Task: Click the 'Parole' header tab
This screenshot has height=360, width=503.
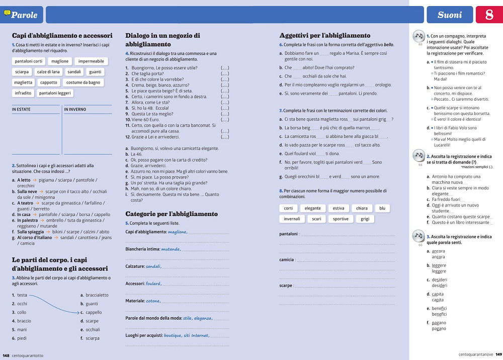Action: tap(23, 15)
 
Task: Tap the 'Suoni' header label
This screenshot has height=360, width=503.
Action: tap(449, 15)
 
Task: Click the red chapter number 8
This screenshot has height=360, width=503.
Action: tap(489, 15)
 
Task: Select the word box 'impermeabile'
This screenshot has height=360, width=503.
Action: tap(91, 61)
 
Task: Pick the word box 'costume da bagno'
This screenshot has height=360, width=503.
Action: tap(83, 83)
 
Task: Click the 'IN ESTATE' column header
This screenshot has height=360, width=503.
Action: tap(21, 109)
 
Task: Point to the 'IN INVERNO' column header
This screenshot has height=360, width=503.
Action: tap(75, 109)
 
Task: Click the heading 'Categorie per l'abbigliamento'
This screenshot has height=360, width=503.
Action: tap(171, 214)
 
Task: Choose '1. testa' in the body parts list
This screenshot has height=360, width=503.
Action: tap(20, 295)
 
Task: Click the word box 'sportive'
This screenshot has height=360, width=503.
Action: tap(341, 219)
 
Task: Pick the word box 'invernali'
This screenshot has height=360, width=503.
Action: tap(292, 219)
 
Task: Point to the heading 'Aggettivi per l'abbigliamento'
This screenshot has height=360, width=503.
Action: tap(325, 36)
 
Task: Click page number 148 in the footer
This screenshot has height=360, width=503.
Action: tap(6, 355)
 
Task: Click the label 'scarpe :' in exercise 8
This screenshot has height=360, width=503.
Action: tap(286, 285)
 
